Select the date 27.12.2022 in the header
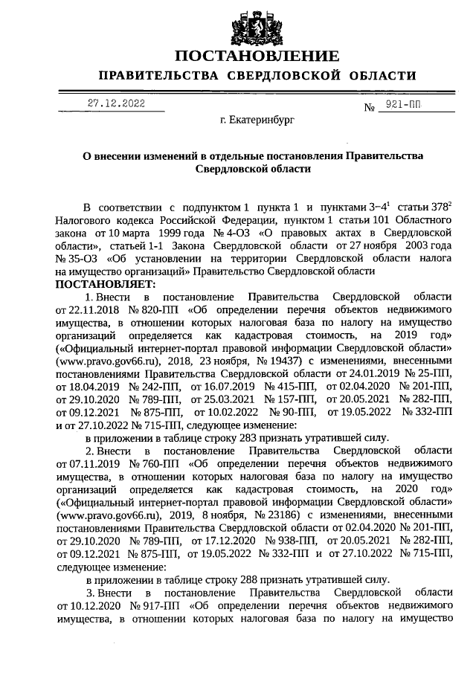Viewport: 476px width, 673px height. point(116,103)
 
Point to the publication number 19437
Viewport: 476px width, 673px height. point(278,359)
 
